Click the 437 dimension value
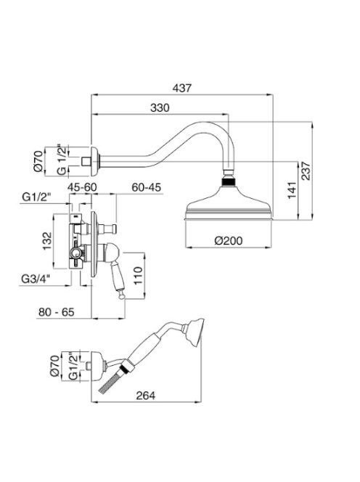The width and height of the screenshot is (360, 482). point(181,88)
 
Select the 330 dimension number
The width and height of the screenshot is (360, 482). point(160,108)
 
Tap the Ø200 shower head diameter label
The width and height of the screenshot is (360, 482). point(229,240)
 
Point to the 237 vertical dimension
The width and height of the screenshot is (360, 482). point(306,171)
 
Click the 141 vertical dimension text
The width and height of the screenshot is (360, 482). point(292,190)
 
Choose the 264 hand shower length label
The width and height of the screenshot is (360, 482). point(146,396)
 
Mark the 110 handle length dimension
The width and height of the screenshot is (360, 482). point(138,275)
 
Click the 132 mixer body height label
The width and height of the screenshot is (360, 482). point(47,241)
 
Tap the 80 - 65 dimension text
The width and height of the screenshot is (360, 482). point(57,312)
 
